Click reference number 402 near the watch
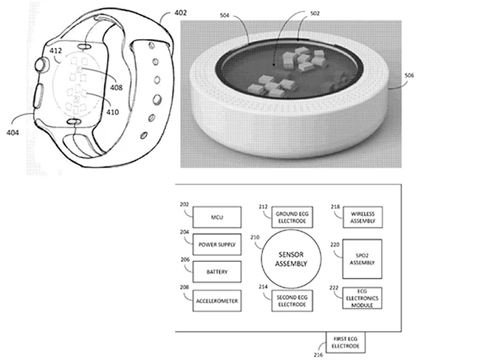[181, 13]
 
